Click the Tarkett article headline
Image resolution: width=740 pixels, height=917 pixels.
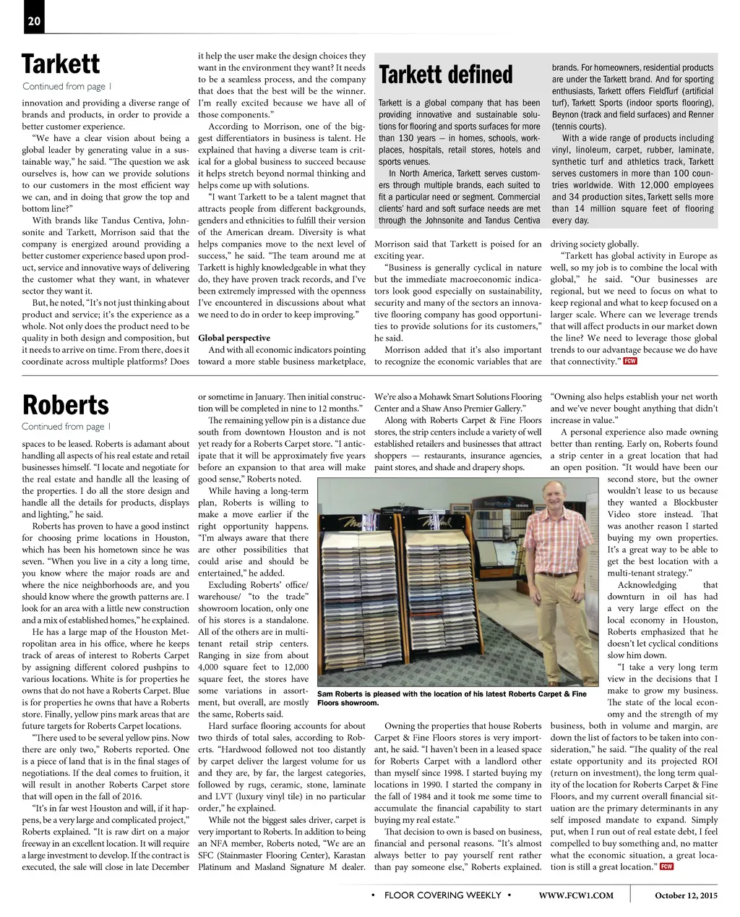(x=61, y=64)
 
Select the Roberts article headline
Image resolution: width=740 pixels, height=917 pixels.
(x=65, y=405)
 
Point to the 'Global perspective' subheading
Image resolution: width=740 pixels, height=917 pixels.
(x=233, y=338)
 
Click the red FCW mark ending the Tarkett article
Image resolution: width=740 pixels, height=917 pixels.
(x=630, y=361)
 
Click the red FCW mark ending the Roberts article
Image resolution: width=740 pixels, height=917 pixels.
(x=666, y=866)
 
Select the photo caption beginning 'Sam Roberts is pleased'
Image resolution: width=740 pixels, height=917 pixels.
(x=452, y=698)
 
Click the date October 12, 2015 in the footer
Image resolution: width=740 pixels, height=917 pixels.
(x=686, y=895)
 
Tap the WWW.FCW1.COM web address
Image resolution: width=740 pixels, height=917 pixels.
(x=576, y=895)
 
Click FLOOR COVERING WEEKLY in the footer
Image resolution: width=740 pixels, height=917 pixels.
(x=442, y=895)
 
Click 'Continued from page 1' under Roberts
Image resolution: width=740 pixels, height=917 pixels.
(x=66, y=427)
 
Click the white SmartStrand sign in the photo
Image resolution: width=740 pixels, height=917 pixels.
(x=497, y=503)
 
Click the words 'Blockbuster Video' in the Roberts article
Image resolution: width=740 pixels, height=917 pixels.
(x=663, y=508)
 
